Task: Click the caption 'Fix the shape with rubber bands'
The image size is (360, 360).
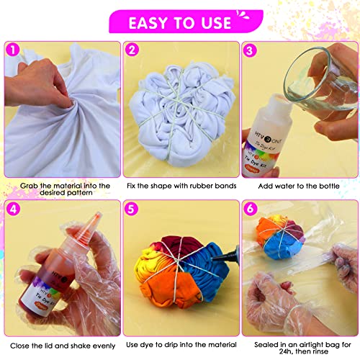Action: click(x=180, y=186)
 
